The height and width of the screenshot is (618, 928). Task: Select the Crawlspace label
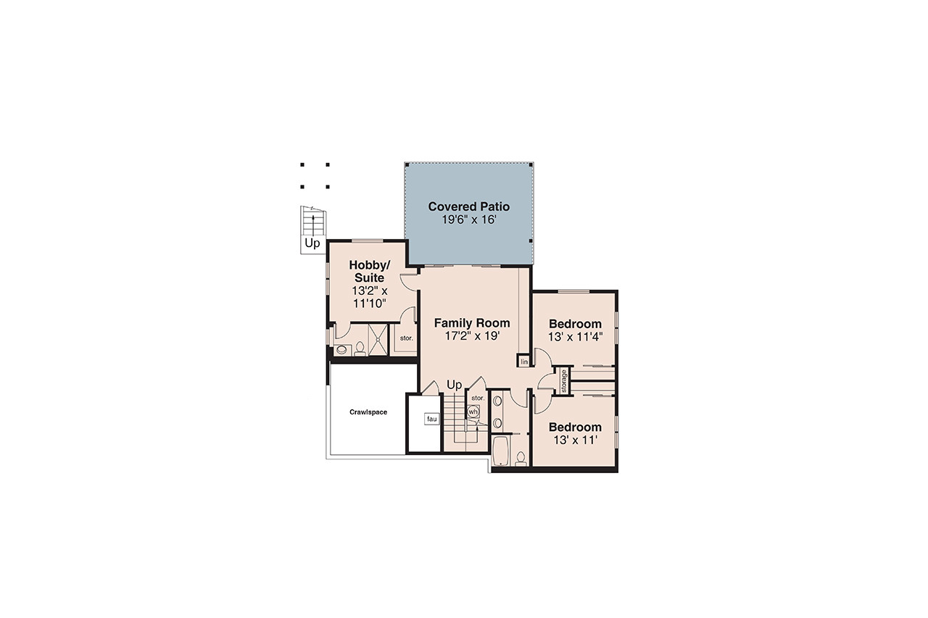368,412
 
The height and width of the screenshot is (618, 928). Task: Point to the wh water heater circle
473,412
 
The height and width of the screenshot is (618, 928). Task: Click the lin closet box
523,362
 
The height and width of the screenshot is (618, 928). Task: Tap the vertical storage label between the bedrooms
563,382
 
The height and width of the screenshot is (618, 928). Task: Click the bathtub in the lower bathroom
501,450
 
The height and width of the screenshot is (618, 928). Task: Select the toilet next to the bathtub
521,458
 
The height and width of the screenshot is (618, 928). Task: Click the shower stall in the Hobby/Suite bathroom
378,339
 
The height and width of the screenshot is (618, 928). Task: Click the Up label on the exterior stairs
312,243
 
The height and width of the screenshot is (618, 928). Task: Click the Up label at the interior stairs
455,384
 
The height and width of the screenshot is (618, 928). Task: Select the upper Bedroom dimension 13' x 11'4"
575,336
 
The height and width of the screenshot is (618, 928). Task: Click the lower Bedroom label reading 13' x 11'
575,440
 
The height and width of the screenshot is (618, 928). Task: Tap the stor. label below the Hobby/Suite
405,338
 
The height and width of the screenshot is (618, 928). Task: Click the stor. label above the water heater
477,398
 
